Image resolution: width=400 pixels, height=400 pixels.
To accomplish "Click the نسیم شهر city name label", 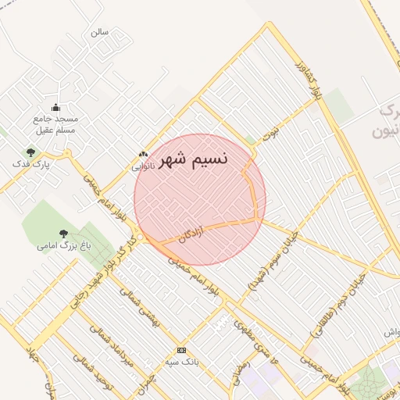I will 194,160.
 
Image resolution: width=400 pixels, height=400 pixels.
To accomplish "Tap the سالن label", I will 99,33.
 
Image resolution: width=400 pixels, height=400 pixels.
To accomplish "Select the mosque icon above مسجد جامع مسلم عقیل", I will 55,108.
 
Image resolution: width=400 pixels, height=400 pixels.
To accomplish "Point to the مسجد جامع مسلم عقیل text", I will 53,124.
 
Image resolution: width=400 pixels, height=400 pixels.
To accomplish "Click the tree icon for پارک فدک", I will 30,152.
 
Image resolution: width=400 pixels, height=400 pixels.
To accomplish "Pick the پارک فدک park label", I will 31,165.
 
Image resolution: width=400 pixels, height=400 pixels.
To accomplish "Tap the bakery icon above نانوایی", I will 142,155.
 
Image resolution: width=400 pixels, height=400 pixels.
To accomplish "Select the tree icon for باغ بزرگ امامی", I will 63,233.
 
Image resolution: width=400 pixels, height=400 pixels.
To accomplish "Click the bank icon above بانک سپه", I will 181,350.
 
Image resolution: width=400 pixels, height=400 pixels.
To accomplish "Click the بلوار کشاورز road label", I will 305,82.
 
